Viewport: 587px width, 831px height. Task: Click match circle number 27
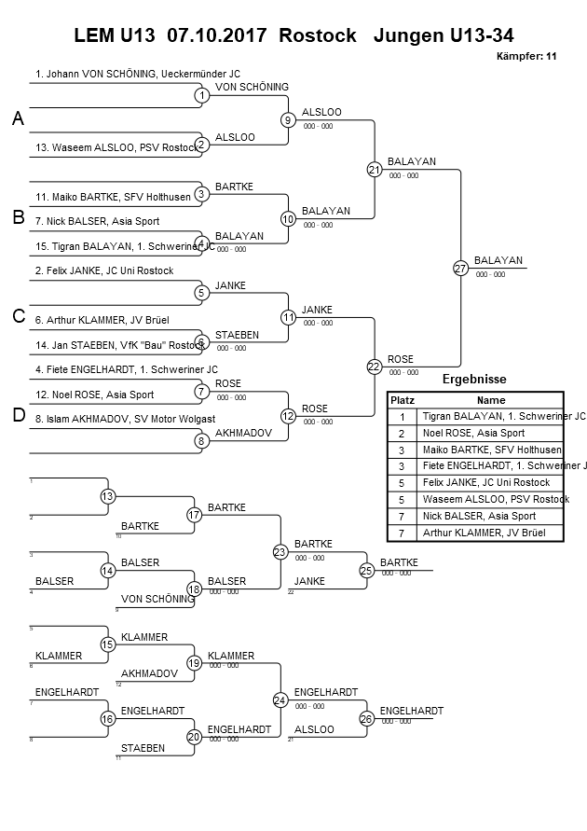click(x=460, y=269)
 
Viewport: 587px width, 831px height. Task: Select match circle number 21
click(x=375, y=170)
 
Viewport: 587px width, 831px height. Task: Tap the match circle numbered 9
click(x=288, y=120)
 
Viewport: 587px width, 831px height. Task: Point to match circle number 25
click(x=367, y=570)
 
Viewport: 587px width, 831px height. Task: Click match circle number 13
click(x=108, y=496)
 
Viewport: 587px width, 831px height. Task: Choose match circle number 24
click(x=280, y=699)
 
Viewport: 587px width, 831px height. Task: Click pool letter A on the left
click(x=18, y=119)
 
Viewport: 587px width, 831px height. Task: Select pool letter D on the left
click(x=18, y=416)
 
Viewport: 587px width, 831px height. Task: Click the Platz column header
click(x=402, y=399)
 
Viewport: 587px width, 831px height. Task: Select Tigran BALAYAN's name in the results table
click(x=503, y=416)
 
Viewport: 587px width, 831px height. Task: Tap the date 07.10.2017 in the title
click(x=215, y=36)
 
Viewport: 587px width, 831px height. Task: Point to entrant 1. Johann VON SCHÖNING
click(x=137, y=73)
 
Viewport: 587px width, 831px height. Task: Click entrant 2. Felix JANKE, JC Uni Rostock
click(x=104, y=270)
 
